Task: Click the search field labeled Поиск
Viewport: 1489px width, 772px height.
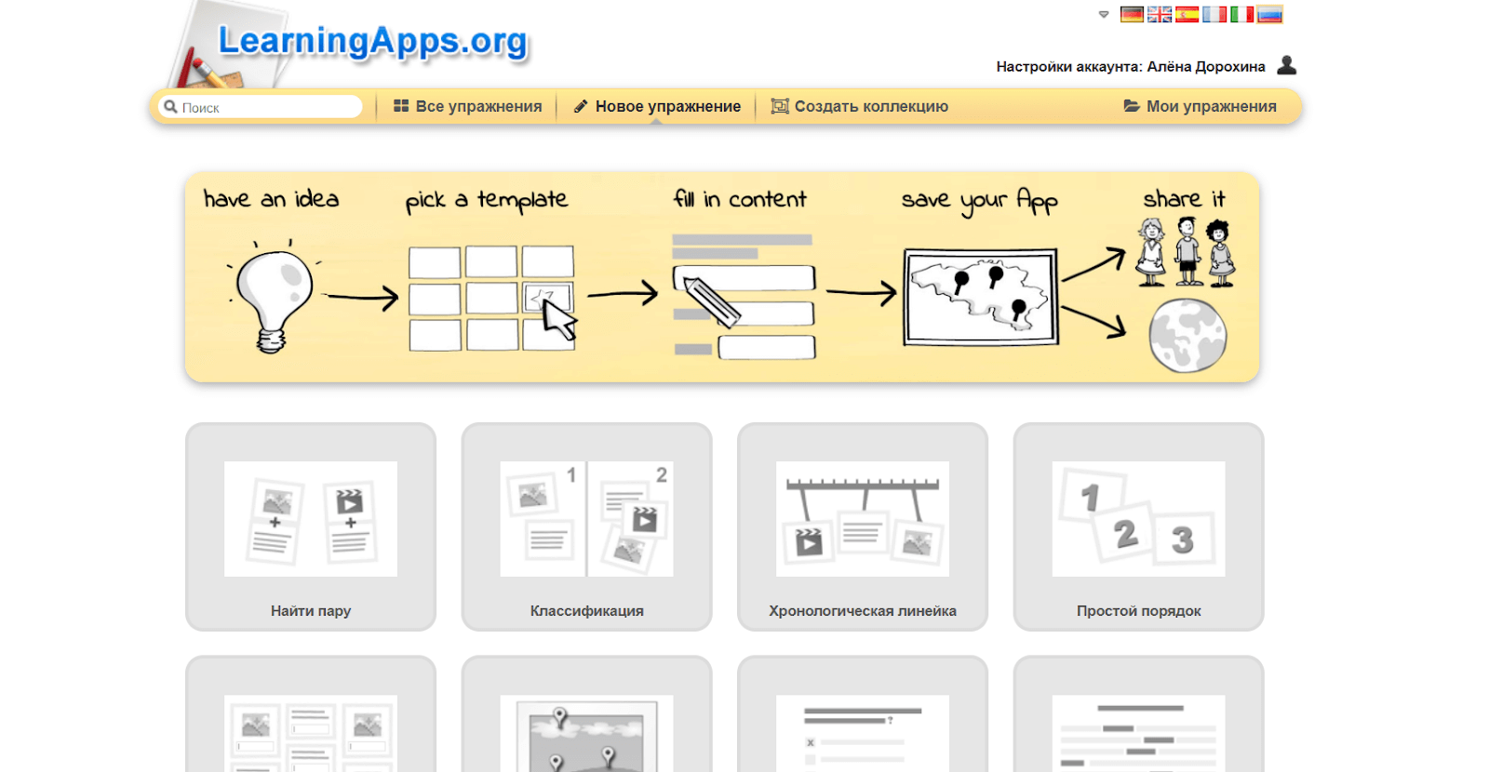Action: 261,107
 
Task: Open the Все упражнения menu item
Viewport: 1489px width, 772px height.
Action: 467,106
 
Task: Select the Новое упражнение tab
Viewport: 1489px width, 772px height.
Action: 657,106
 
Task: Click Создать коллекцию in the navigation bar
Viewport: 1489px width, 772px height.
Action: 860,106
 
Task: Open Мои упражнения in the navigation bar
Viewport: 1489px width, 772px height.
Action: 1200,106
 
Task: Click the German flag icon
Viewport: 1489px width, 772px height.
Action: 1132,14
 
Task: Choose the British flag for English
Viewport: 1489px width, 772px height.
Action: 1160,14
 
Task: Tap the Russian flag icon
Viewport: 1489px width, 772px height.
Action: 1269,14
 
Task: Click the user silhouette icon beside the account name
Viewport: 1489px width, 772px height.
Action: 1287,65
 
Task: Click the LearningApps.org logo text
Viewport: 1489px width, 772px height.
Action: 372,41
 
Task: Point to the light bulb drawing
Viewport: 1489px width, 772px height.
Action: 273,296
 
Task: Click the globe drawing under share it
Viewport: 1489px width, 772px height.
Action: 1187,335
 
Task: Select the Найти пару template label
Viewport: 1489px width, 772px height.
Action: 311,610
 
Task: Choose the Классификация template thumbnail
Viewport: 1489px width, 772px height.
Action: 586,519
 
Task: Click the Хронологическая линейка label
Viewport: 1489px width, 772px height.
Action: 862,610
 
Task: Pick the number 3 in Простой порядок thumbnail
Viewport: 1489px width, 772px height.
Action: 1183,539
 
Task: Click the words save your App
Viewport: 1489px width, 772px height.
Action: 979,200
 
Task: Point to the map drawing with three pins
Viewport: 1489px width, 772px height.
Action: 981,297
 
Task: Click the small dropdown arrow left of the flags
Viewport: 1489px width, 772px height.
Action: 1104,15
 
